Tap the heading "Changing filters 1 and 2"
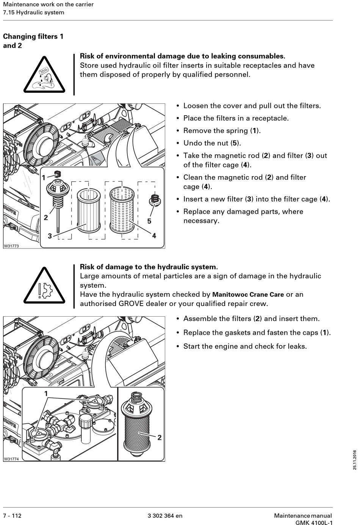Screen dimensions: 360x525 click(x=33, y=41)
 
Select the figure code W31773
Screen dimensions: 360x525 click(x=11, y=246)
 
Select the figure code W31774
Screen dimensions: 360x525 click(x=11, y=459)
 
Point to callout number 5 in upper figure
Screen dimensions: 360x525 click(x=149, y=221)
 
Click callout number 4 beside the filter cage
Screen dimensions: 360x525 click(x=154, y=236)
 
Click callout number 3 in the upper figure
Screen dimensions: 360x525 click(x=50, y=236)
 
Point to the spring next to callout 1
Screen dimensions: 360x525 click(x=58, y=175)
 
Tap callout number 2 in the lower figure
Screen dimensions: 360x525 click(x=160, y=437)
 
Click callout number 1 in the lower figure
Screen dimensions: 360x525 click(x=46, y=394)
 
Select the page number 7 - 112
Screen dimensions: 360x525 click(x=13, y=516)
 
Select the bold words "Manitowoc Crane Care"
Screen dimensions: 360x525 click(x=248, y=295)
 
